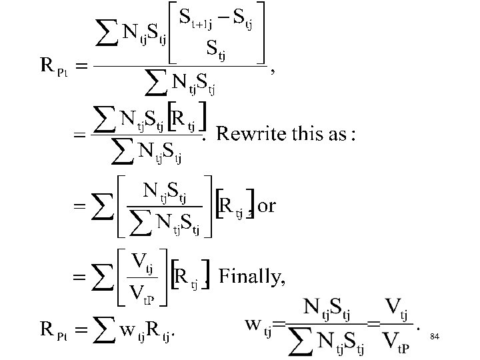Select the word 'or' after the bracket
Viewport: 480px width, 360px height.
click(x=266, y=206)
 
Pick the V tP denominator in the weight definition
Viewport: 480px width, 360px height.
click(x=397, y=341)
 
